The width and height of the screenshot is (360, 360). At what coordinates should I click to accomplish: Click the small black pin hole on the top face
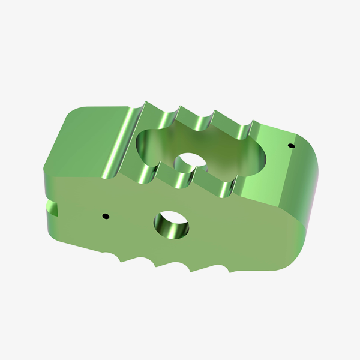pos(291,146)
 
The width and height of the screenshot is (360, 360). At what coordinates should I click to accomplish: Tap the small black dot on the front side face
pos(106,215)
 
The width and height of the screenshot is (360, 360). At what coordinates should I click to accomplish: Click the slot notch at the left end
pos(52,208)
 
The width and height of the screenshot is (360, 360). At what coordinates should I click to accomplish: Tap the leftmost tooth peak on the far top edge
pos(146,105)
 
